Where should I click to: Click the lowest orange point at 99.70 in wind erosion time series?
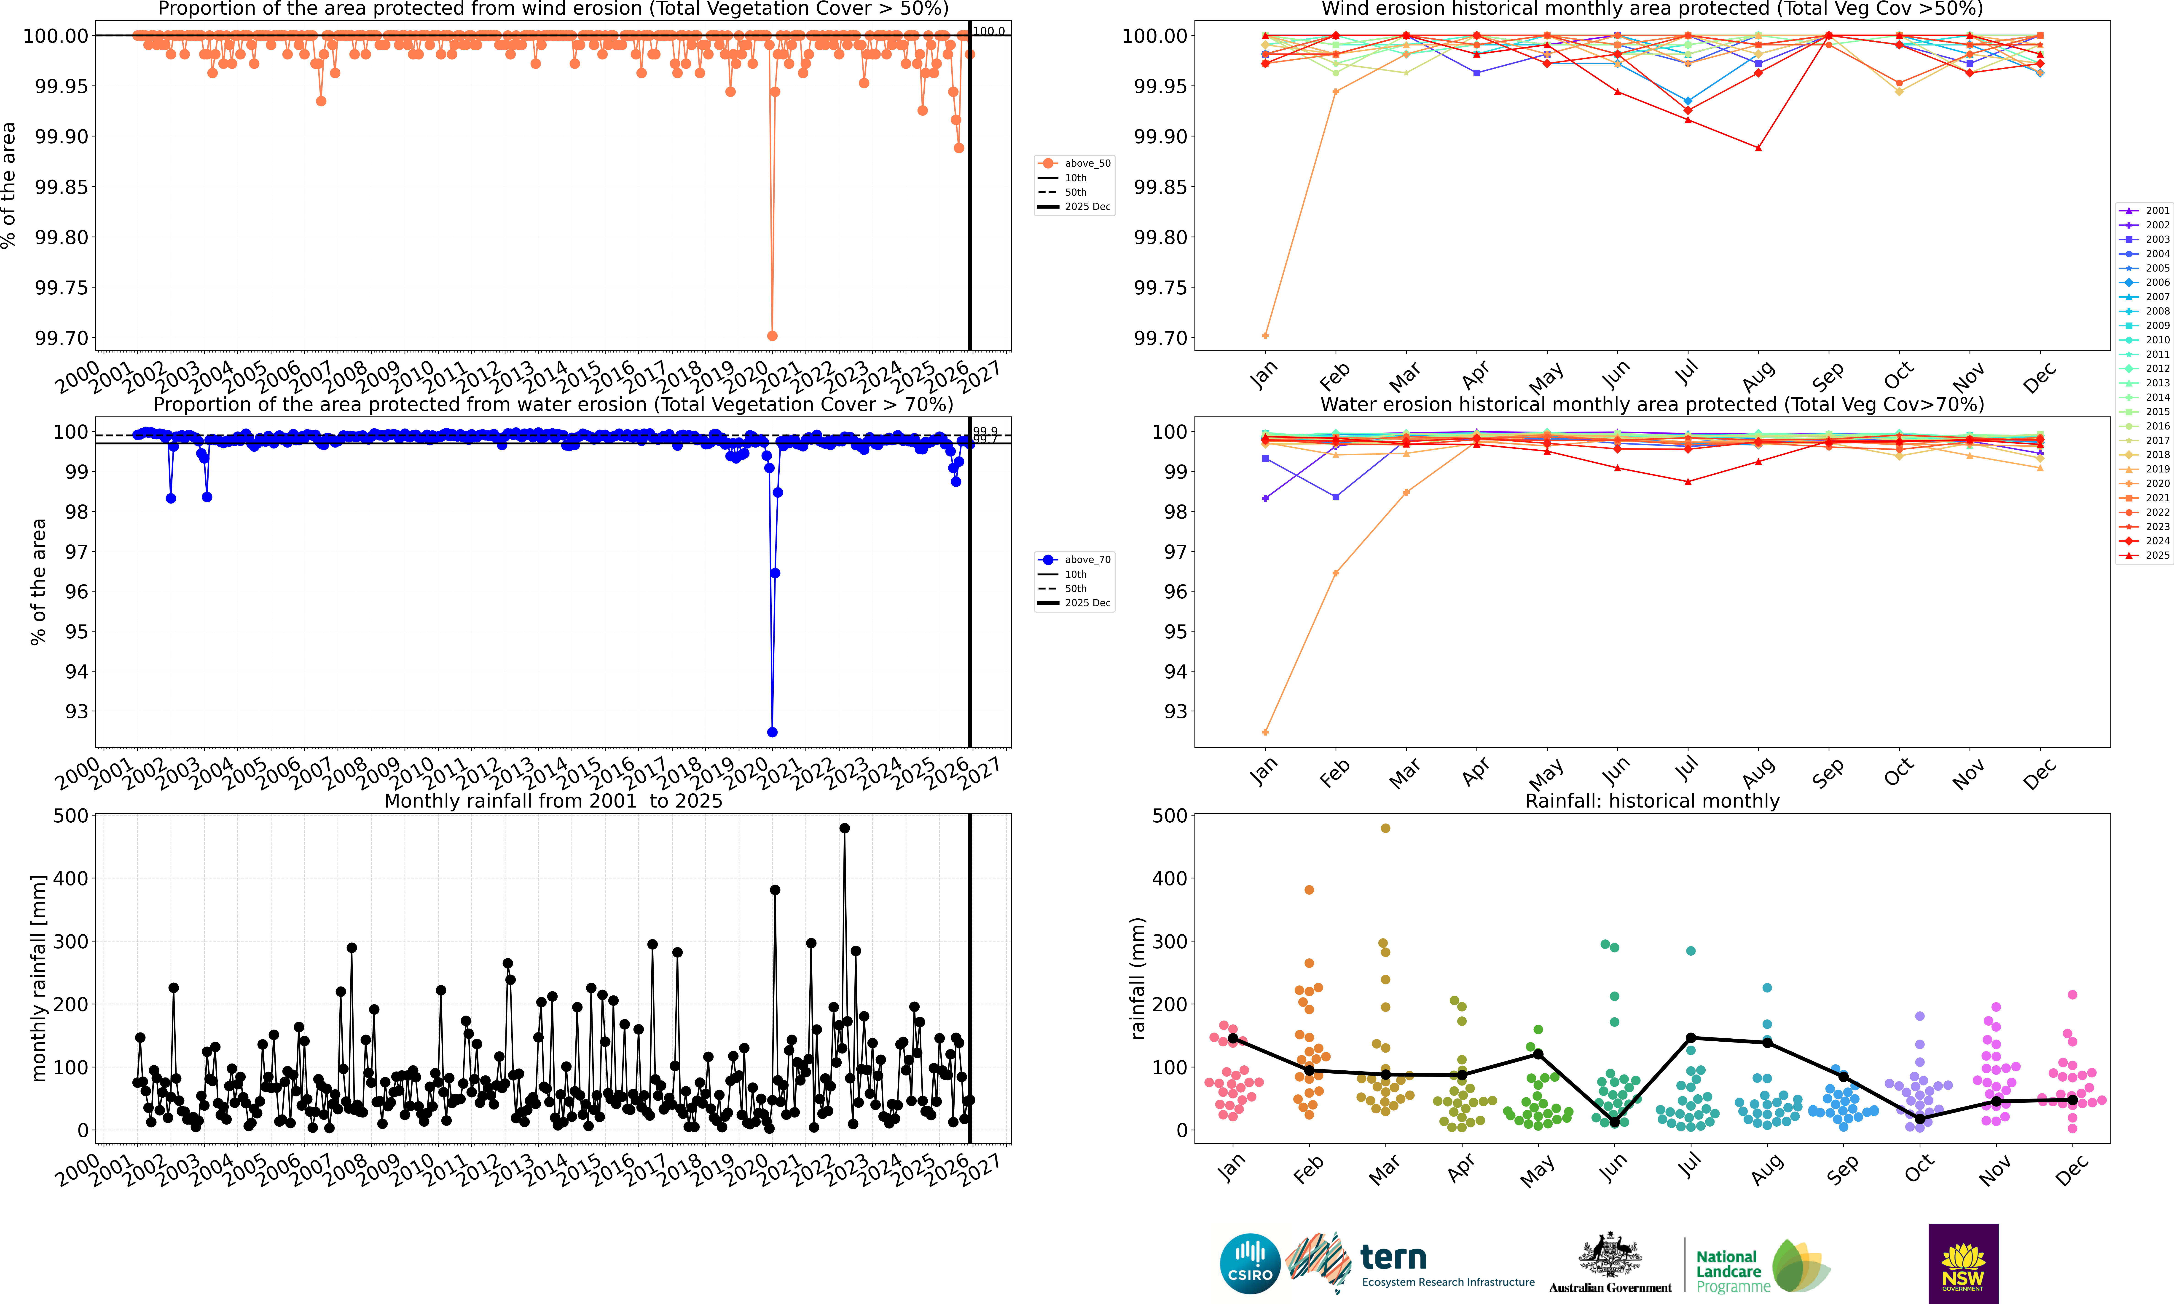pyautogui.click(x=772, y=336)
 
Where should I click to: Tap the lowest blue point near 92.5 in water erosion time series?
pyautogui.click(x=772, y=732)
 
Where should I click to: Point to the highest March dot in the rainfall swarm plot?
pyautogui.click(x=1385, y=828)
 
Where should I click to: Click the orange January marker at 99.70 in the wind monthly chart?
pyautogui.click(x=1265, y=336)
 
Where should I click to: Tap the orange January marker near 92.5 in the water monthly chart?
pyautogui.click(x=1265, y=732)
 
